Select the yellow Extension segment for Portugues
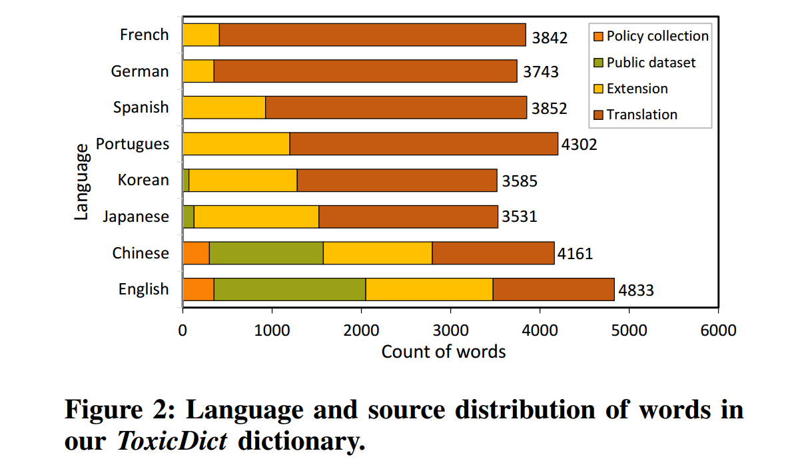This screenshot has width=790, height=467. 236,144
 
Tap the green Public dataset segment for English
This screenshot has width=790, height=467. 290,289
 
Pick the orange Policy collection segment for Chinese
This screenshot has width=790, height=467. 196,253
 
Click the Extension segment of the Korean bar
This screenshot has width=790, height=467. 243,181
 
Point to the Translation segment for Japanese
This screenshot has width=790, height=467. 408,217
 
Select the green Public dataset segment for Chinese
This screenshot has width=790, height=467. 266,253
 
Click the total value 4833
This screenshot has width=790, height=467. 635,290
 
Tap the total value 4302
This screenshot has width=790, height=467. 579,145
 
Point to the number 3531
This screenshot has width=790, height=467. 519,217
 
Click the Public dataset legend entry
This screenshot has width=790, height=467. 650,62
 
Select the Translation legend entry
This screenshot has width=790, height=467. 641,115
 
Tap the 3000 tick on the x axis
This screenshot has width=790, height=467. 450,330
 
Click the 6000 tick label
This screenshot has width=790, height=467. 718,330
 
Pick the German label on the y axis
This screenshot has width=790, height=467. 140,71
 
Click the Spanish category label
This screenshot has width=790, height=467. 141,107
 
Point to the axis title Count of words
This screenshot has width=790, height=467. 443,352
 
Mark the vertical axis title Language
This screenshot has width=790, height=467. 81,181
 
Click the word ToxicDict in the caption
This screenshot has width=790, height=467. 173,441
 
